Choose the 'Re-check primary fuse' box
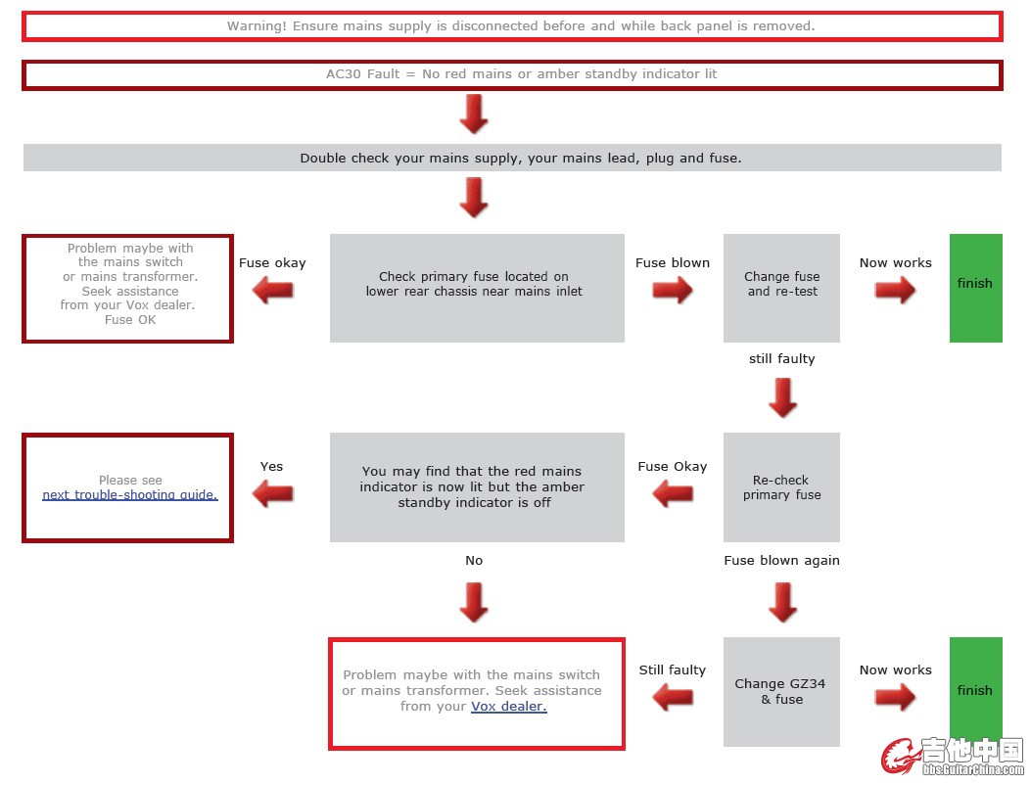pyautogui.click(x=781, y=487)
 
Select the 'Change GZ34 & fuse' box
pyautogui.click(x=781, y=691)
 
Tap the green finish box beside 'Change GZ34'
pyautogui.click(x=975, y=691)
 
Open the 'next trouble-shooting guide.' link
pyautogui.click(x=130, y=495)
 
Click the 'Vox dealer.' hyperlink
pyautogui.click(x=508, y=707)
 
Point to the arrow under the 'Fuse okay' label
pyautogui.click(x=273, y=291)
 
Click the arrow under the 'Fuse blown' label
pyautogui.click(x=673, y=291)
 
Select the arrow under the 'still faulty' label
pyautogui.click(x=782, y=397)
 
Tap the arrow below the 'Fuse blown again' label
pyautogui.click(x=782, y=602)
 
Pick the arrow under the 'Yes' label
pyautogui.click(x=273, y=494)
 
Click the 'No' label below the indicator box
pyautogui.click(x=474, y=561)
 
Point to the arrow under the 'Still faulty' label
pyautogui.click(x=673, y=698)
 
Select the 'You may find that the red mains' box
pyautogui.click(x=477, y=487)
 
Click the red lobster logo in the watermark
pyautogui.click(x=898, y=757)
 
